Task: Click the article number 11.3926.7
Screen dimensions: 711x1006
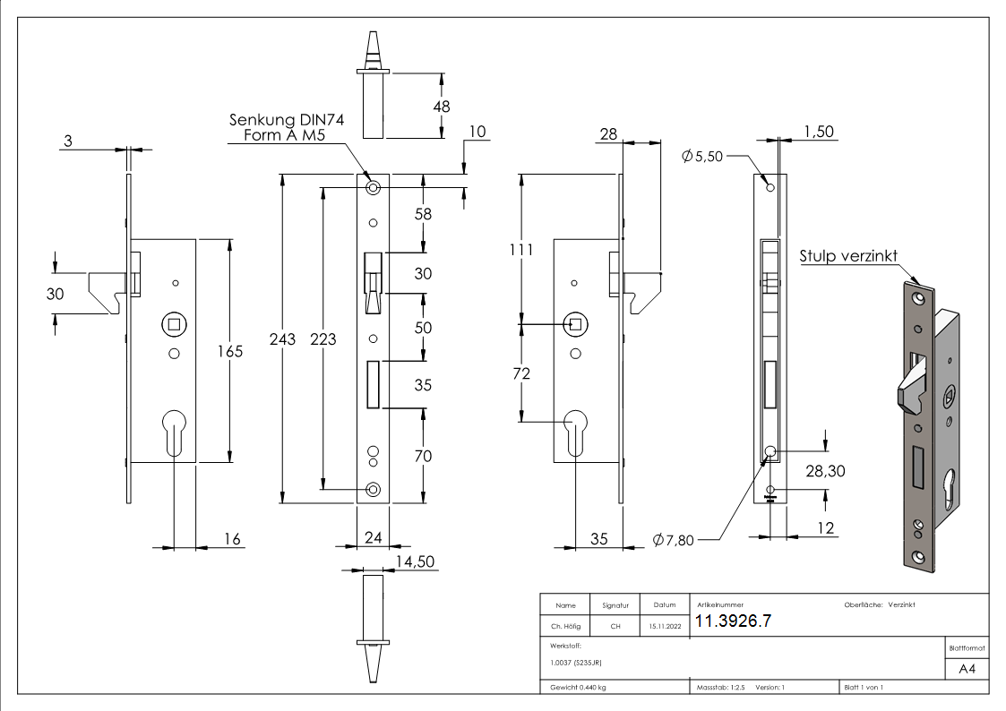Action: click(733, 622)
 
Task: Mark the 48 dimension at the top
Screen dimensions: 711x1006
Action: click(442, 107)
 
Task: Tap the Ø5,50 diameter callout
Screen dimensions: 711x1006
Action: click(701, 156)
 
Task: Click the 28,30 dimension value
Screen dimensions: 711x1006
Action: click(824, 471)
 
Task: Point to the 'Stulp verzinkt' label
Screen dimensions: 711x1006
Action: click(848, 258)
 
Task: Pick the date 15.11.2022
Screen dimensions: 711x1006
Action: click(664, 627)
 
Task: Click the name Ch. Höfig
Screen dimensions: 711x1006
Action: click(565, 627)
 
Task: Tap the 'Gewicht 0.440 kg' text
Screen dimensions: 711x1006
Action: click(579, 688)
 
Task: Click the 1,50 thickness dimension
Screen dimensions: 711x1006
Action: click(819, 132)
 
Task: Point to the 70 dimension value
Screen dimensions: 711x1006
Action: click(422, 456)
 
